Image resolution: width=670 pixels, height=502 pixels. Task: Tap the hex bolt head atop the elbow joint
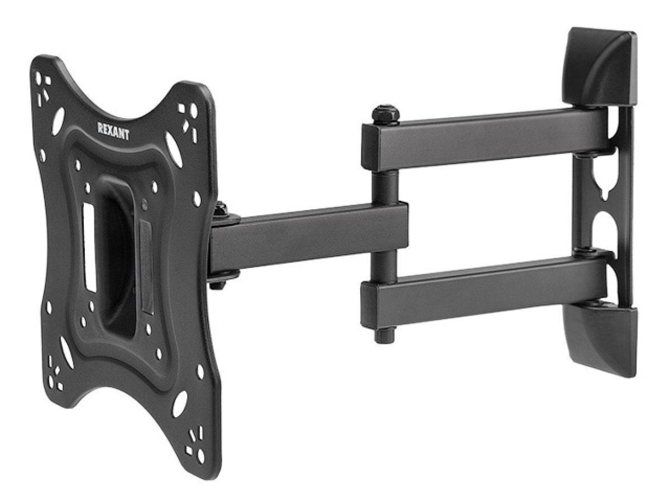click(385, 115)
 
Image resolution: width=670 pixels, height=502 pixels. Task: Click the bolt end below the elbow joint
click(384, 336)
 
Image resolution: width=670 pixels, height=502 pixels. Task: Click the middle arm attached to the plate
click(308, 237)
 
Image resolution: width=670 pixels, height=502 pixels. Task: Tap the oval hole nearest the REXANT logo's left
click(58, 121)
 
